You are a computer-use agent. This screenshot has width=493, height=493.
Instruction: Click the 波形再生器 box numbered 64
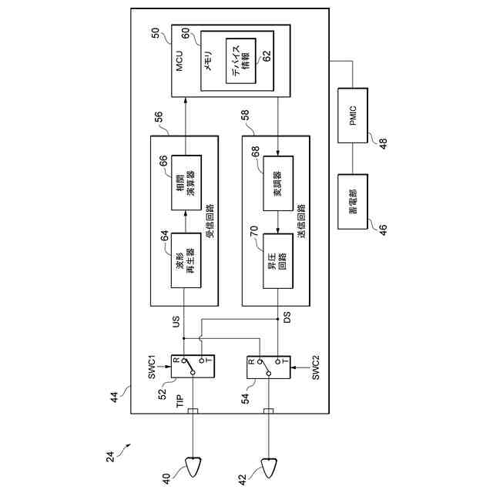(x=185, y=260)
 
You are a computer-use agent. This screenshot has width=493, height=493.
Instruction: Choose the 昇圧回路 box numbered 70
(x=278, y=260)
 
